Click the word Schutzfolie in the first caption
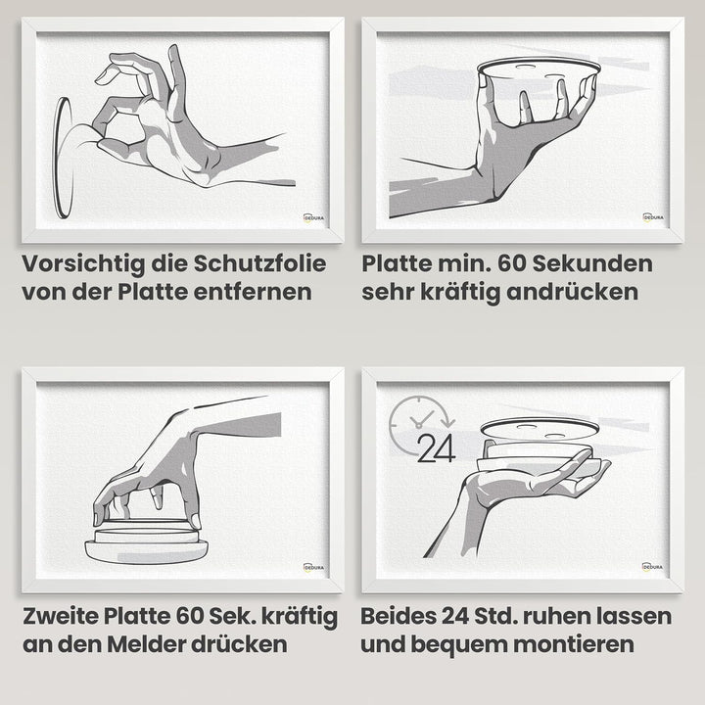259,263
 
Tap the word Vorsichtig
83,265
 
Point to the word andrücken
573,292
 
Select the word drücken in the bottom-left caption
239,644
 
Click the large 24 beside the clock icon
436,448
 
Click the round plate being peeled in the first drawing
63,159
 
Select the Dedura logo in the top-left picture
313,217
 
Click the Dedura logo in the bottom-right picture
653,567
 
